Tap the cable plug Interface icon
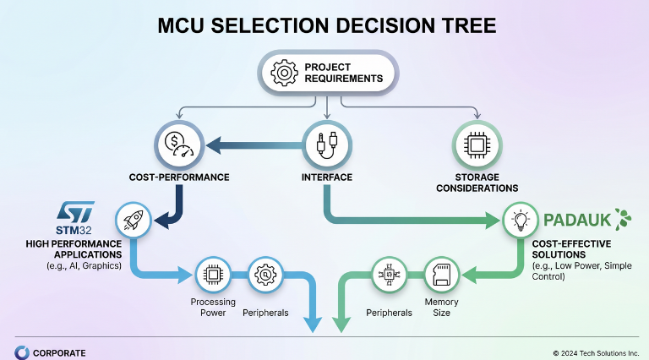coord(325,145)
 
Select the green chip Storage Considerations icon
coord(477,145)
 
